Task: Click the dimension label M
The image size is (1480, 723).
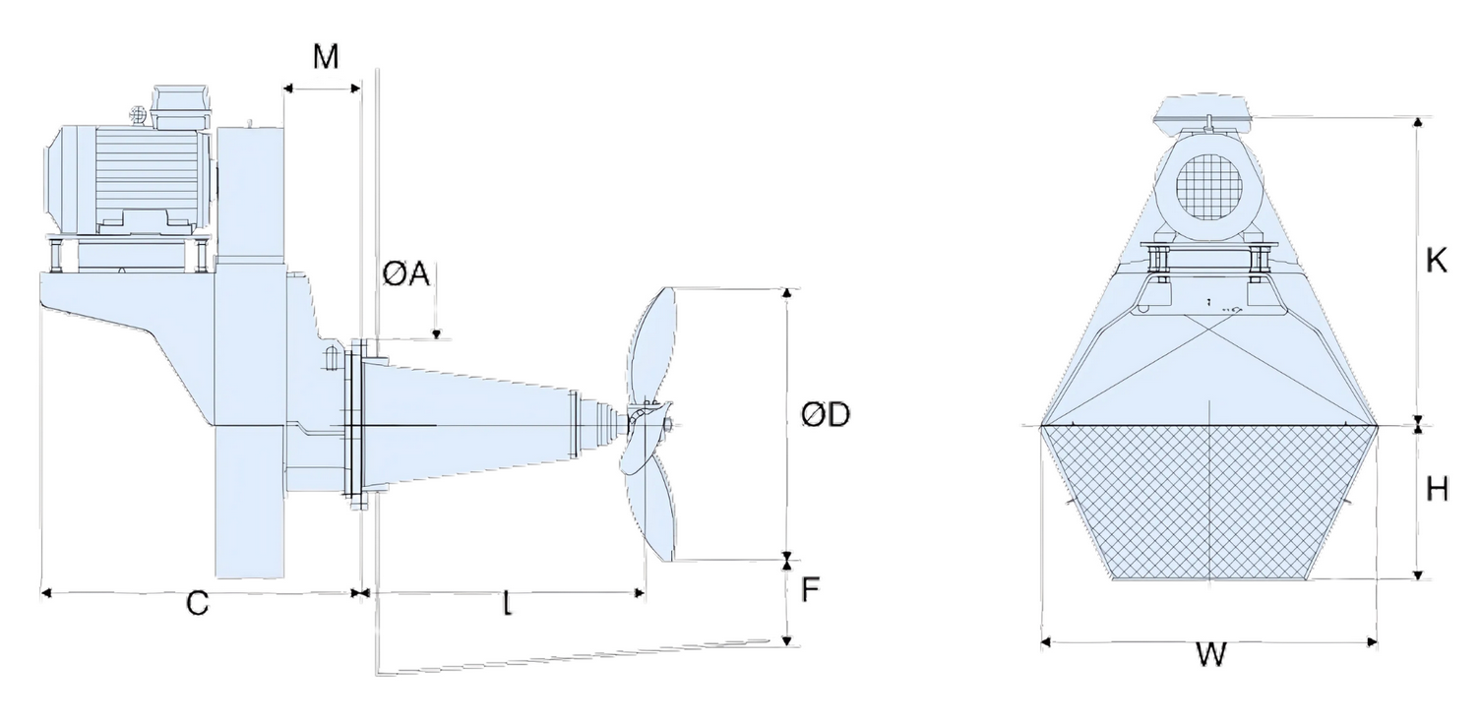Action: click(326, 57)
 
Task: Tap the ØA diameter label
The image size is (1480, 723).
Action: click(406, 275)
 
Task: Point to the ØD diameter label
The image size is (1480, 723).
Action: click(826, 416)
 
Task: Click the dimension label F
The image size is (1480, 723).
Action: click(811, 590)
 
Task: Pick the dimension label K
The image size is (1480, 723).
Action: click(1437, 262)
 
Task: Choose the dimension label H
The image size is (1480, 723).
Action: click(1437, 489)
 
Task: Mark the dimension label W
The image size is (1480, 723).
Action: click(1211, 654)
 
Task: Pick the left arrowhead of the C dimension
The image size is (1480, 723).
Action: click(44, 592)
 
